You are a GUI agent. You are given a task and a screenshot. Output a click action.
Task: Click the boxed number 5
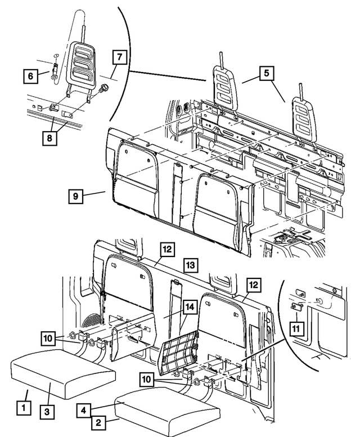[267, 73]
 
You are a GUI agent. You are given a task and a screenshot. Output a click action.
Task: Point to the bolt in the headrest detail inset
[104, 88]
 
